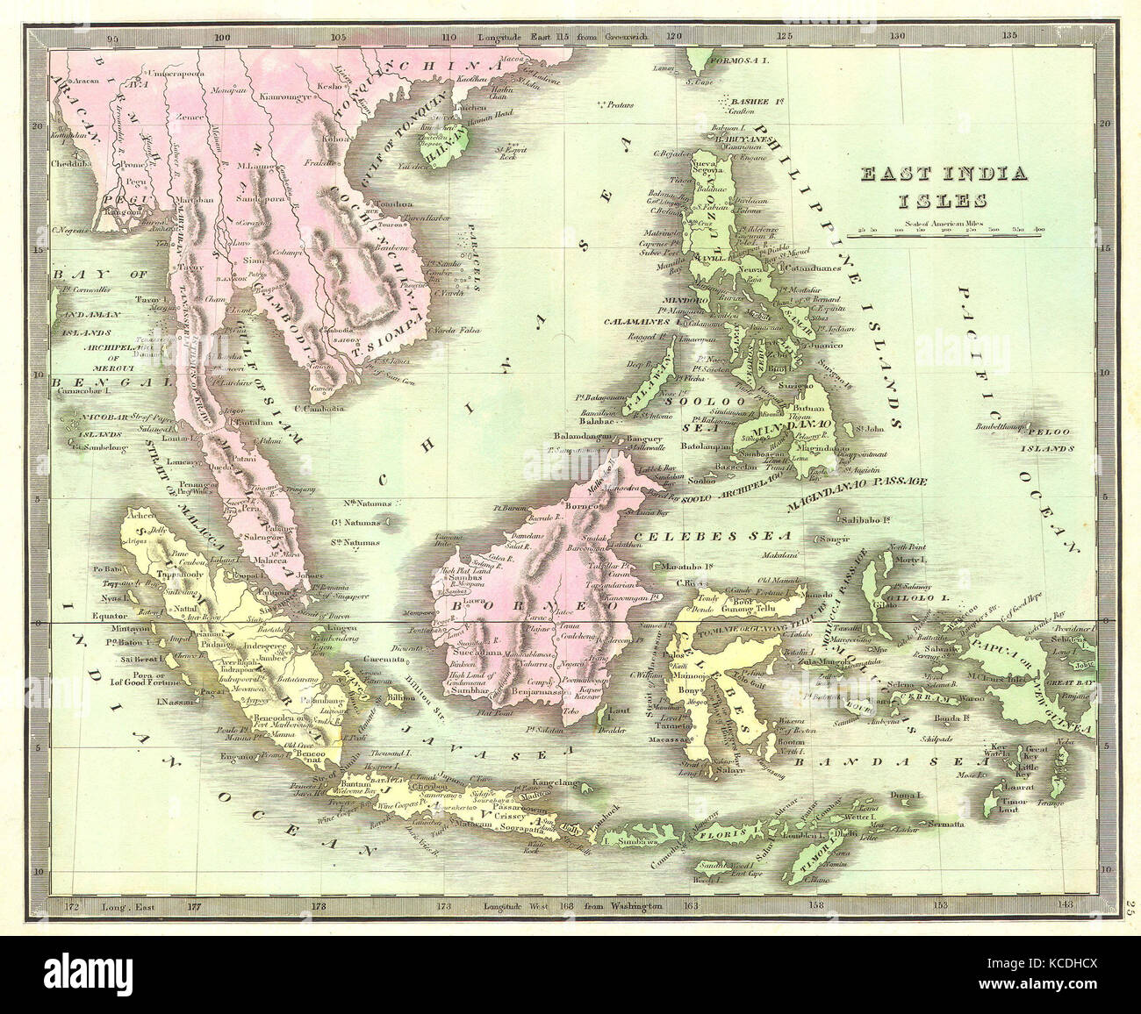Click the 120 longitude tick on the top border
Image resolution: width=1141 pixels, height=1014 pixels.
pos(674,38)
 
